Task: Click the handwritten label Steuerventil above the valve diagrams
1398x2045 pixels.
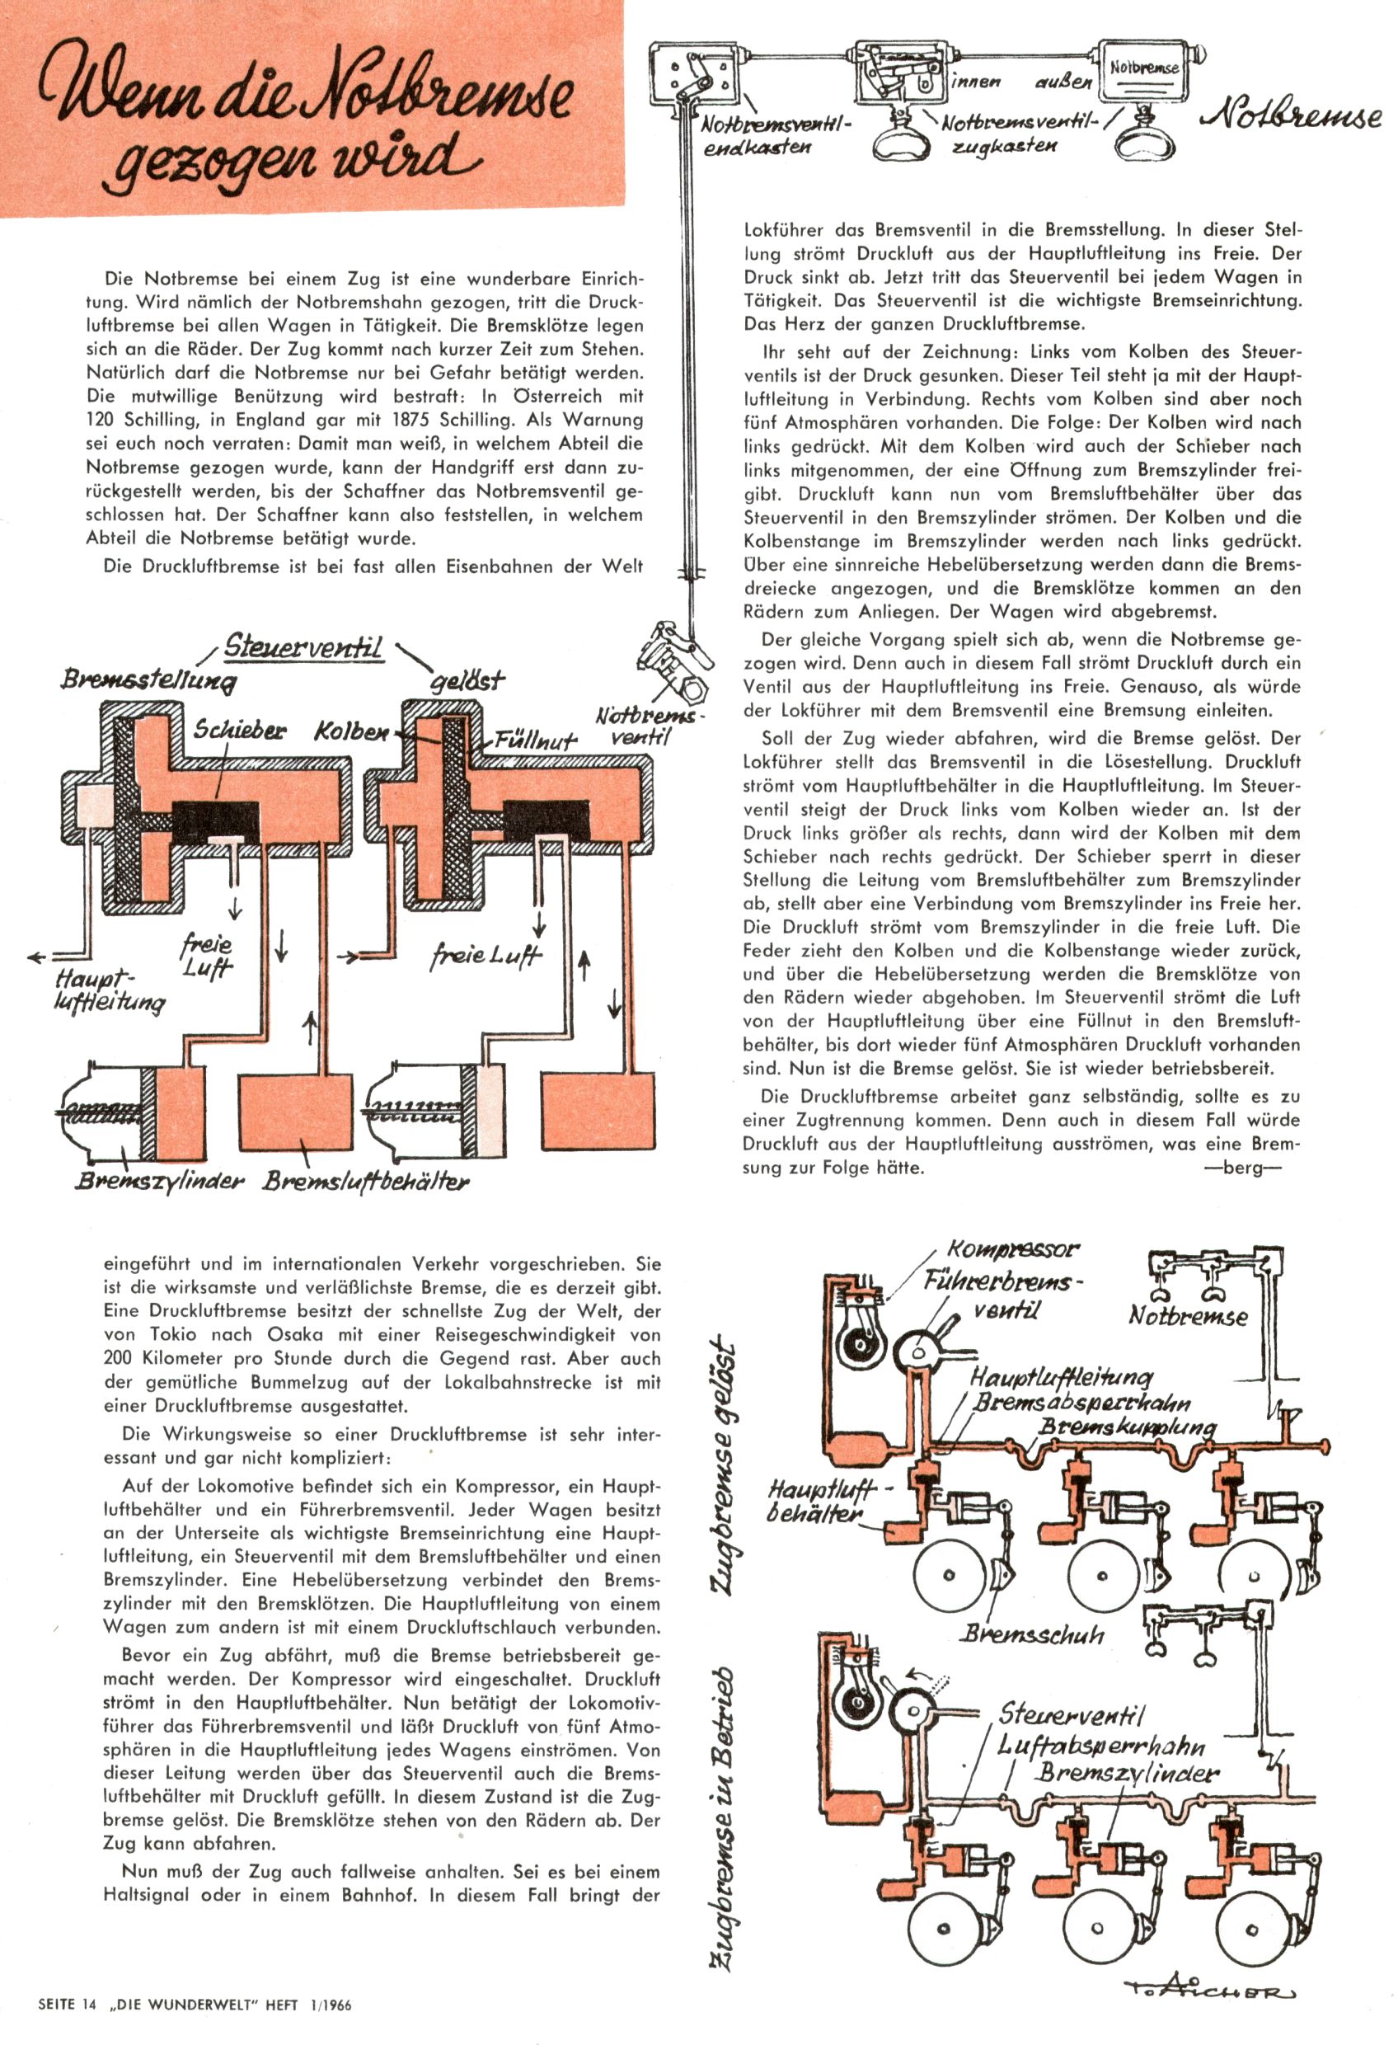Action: (303, 646)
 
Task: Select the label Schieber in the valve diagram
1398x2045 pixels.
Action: (239, 730)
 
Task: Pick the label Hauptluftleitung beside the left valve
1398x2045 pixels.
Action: (107, 990)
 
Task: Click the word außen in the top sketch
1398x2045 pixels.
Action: (1063, 82)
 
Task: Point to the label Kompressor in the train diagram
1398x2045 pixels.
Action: (1013, 1248)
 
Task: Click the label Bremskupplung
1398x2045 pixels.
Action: (1128, 1427)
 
